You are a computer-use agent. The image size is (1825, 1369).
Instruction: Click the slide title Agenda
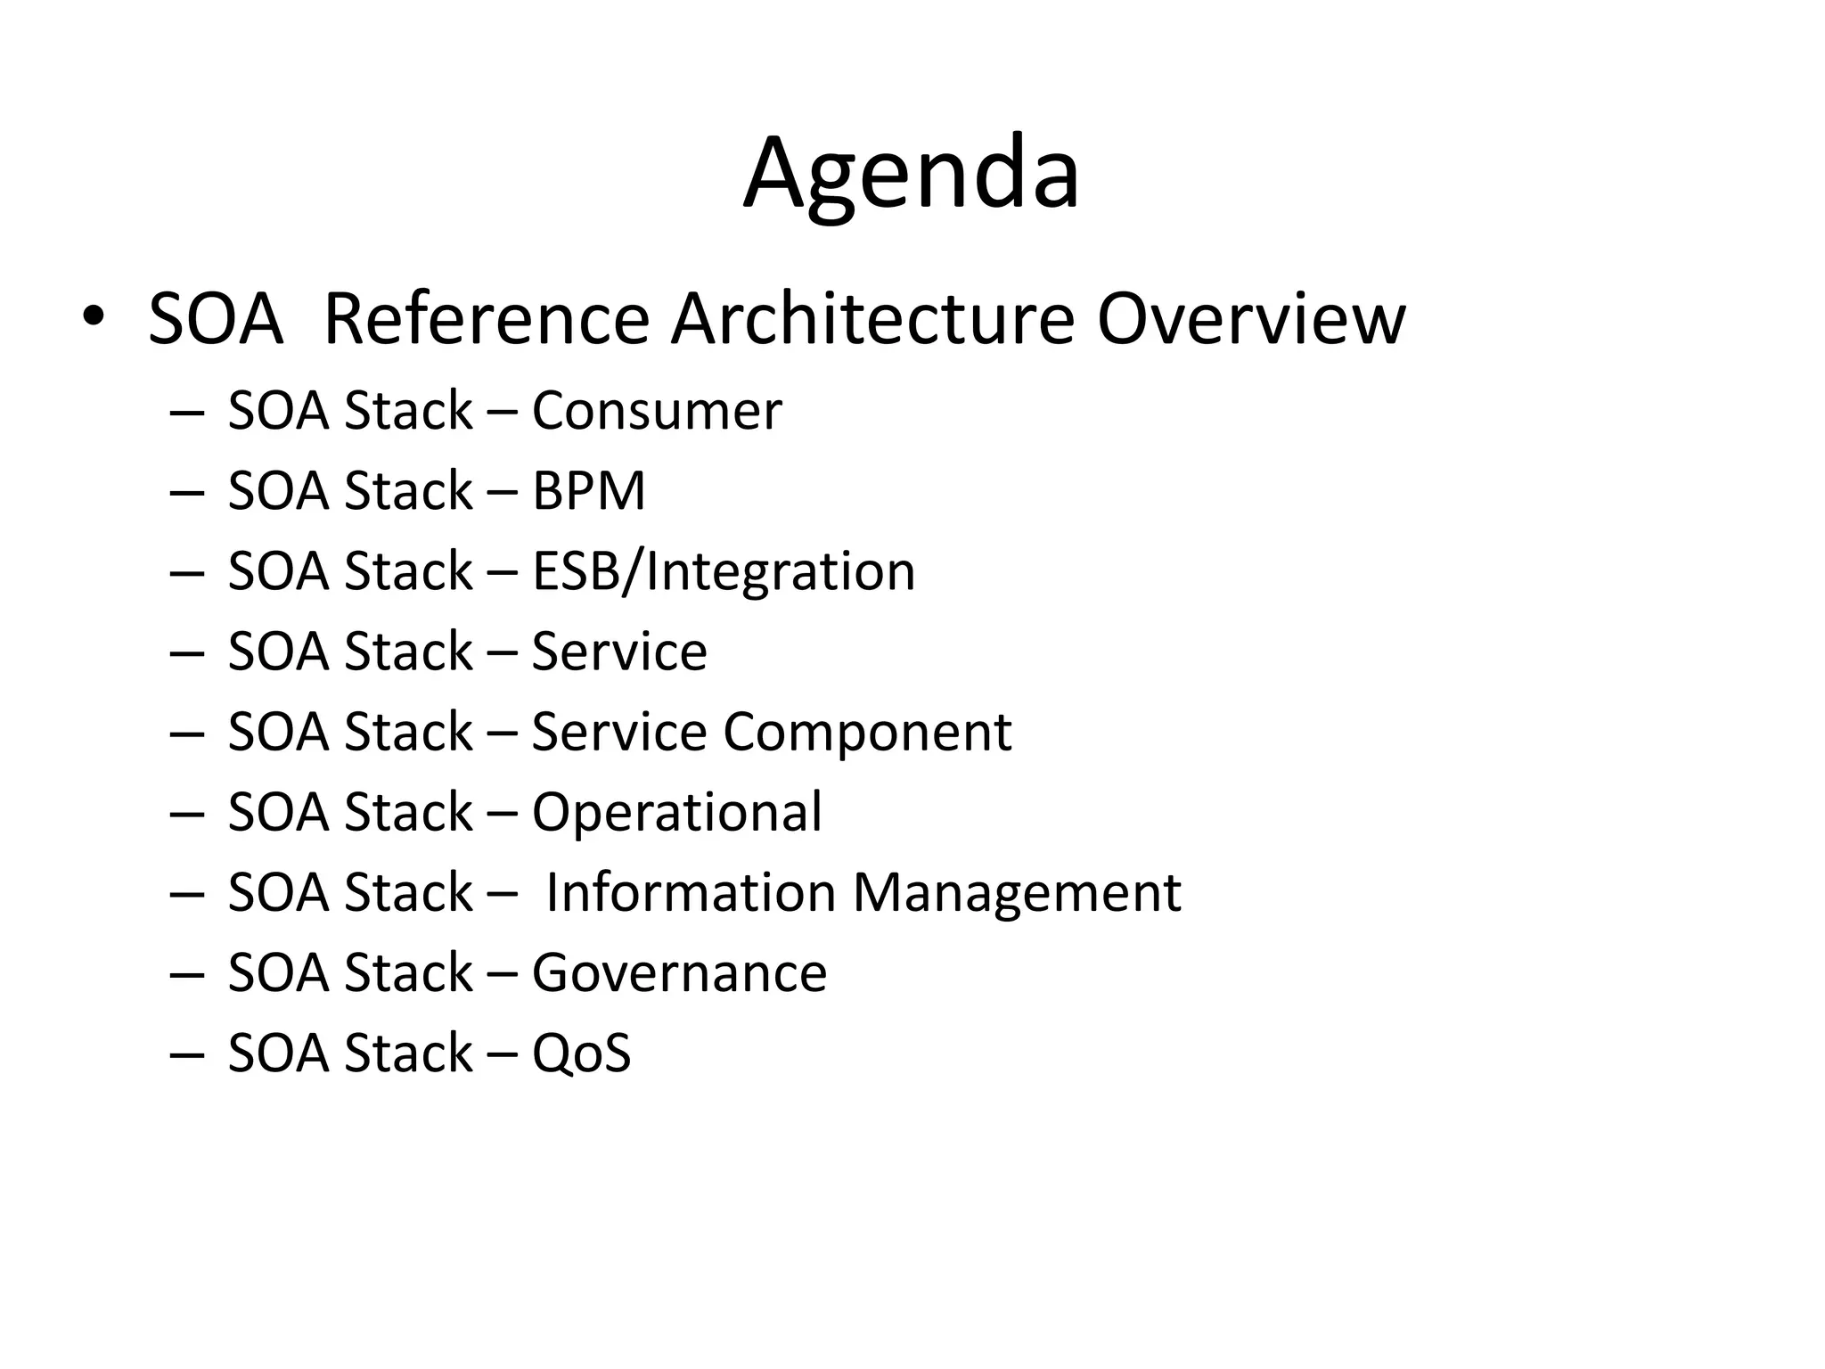pos(912,174)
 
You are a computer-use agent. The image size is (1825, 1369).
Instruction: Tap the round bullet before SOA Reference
pos(93,318)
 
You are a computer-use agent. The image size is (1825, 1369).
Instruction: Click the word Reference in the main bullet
pos(487,319)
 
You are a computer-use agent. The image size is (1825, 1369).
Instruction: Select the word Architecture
pos(872,319)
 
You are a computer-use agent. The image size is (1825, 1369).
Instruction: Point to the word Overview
pos(1250,319)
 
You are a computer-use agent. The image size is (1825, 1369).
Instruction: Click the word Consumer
pos(657,411)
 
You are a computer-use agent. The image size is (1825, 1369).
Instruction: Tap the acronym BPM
pos(588,491)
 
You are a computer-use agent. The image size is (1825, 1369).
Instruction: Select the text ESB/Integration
pos(724,571)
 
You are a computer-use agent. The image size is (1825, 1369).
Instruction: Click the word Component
pos(867,733)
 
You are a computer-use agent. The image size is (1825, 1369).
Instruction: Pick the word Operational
pos(676,813)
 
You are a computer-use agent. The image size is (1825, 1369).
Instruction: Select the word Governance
pos(679,972)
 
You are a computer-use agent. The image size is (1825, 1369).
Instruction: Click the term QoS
pos(581,1053)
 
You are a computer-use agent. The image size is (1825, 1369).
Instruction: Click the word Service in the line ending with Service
pos(619,652)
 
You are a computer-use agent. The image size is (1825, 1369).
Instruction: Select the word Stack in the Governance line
pos(408,972)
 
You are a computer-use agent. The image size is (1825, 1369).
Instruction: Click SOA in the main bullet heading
pos(215,319)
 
